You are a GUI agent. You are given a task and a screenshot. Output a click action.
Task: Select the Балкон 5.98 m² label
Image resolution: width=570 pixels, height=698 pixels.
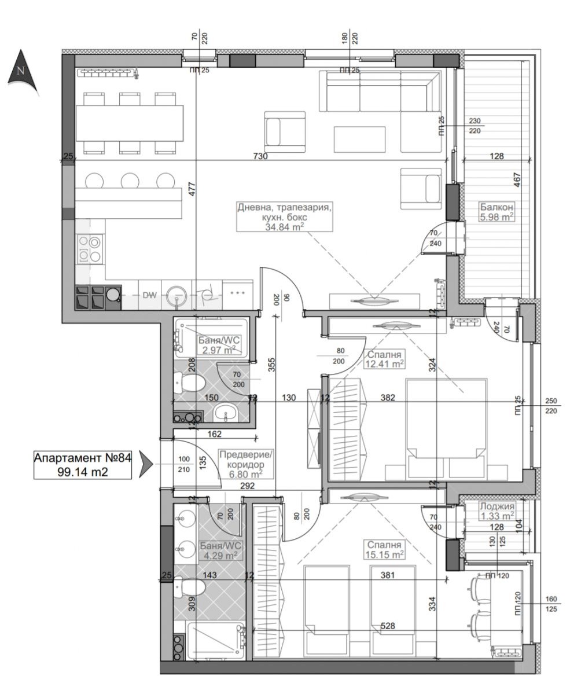(497, 212)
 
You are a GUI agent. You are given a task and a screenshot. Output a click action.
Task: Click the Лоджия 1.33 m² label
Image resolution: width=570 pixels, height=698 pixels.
(497, 510)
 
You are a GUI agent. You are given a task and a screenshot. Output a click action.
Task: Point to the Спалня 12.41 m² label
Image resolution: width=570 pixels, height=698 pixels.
(384, 359)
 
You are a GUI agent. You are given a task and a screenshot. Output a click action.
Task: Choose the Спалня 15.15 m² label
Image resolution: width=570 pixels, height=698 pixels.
(384, 549)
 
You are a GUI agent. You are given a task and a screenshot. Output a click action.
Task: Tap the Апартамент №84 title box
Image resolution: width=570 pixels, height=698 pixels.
(83, 465)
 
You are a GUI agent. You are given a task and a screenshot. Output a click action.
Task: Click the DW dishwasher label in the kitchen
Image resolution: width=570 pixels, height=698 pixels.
(150, 295)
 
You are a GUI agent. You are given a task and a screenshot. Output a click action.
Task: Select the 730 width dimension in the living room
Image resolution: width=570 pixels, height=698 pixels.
(260, 156)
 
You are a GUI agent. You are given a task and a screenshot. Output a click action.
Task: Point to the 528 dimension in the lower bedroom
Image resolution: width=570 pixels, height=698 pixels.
(388, 626)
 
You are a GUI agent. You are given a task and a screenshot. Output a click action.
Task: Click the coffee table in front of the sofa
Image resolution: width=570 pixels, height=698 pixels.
(359, 139)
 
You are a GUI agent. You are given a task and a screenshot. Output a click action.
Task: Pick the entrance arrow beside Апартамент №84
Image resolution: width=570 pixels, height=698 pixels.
(146, 464)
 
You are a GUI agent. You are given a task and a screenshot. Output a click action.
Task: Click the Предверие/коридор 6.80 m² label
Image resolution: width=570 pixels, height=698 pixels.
(246, 464)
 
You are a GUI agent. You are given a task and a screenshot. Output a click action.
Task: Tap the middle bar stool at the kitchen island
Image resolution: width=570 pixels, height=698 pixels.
(130, 181)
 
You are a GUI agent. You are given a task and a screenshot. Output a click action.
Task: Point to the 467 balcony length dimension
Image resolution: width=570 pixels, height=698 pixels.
(517, 180)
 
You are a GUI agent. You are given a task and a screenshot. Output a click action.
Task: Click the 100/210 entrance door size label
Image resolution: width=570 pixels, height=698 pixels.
(184, 464)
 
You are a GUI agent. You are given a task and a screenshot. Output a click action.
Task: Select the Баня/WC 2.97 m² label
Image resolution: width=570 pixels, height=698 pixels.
(218, 345)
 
